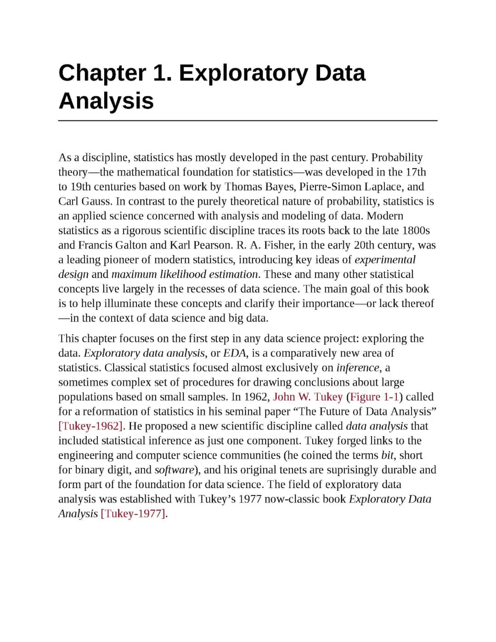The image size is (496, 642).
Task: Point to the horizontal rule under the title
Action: [x=248, y=120]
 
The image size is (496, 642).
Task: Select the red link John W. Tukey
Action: [x=308, y=397]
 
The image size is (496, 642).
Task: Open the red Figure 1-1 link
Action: [x=374, y=397]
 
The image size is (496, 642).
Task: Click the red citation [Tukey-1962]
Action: [x=90, y=426]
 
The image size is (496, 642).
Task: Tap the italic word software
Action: [x=175, y=470]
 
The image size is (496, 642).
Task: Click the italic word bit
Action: [x=387, y=455]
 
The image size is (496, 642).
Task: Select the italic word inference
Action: [x=358, y=368]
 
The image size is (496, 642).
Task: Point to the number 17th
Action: [x=416, y=172]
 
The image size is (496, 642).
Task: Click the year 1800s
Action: [x=416, y=231]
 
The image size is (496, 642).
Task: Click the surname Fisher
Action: [x=279, y=245]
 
